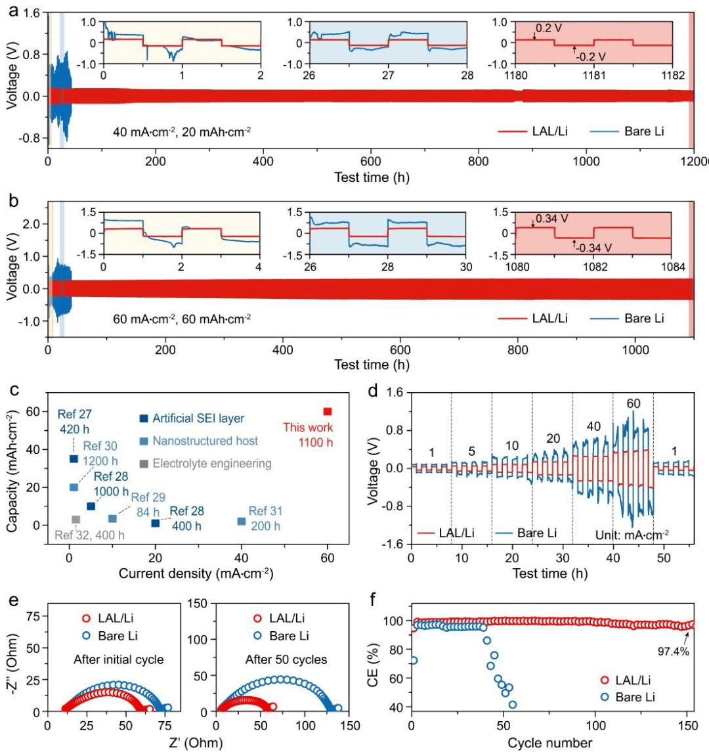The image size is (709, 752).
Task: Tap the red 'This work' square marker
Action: point(328,412)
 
